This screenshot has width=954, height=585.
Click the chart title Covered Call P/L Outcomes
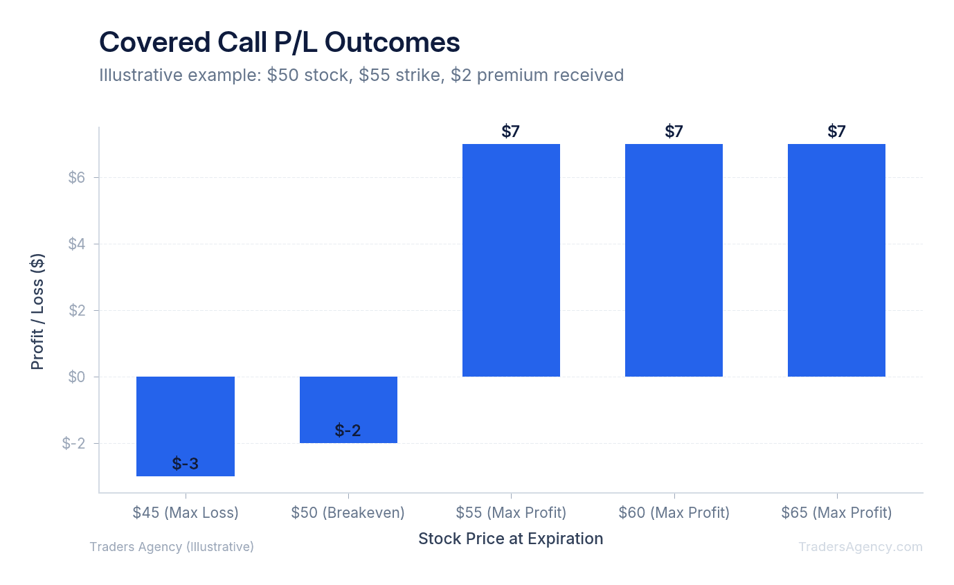pos(279,43)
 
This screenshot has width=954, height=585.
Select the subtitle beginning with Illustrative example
pos(361,75)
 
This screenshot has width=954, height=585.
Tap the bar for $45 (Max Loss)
pos(186,426)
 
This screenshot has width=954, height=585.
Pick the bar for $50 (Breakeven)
pos(348,409)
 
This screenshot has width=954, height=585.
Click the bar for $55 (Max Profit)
pos(511,260)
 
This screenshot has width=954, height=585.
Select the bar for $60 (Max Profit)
pos(674,260)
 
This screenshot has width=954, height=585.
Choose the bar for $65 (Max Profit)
pos(836,260)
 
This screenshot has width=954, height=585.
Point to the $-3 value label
pos(186,464)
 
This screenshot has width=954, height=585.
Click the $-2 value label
pos(348,431)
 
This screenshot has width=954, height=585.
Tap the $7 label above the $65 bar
pos(836,132)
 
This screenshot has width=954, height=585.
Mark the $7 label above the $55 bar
pos(511,132)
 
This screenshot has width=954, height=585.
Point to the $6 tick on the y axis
pos(76,178)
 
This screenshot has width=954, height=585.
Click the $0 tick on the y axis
pos(76,377)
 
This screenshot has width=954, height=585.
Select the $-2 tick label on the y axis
pos(73,444)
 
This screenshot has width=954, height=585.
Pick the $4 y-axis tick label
pos(76,244)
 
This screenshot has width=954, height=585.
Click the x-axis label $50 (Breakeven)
pos(348,513)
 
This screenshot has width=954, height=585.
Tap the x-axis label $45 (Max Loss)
pos(186,513)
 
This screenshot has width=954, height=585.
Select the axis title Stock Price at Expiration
pos(511,539)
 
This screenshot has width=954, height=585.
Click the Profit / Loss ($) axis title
pos(37,311)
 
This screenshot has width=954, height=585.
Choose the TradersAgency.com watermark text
pos(860,547)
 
